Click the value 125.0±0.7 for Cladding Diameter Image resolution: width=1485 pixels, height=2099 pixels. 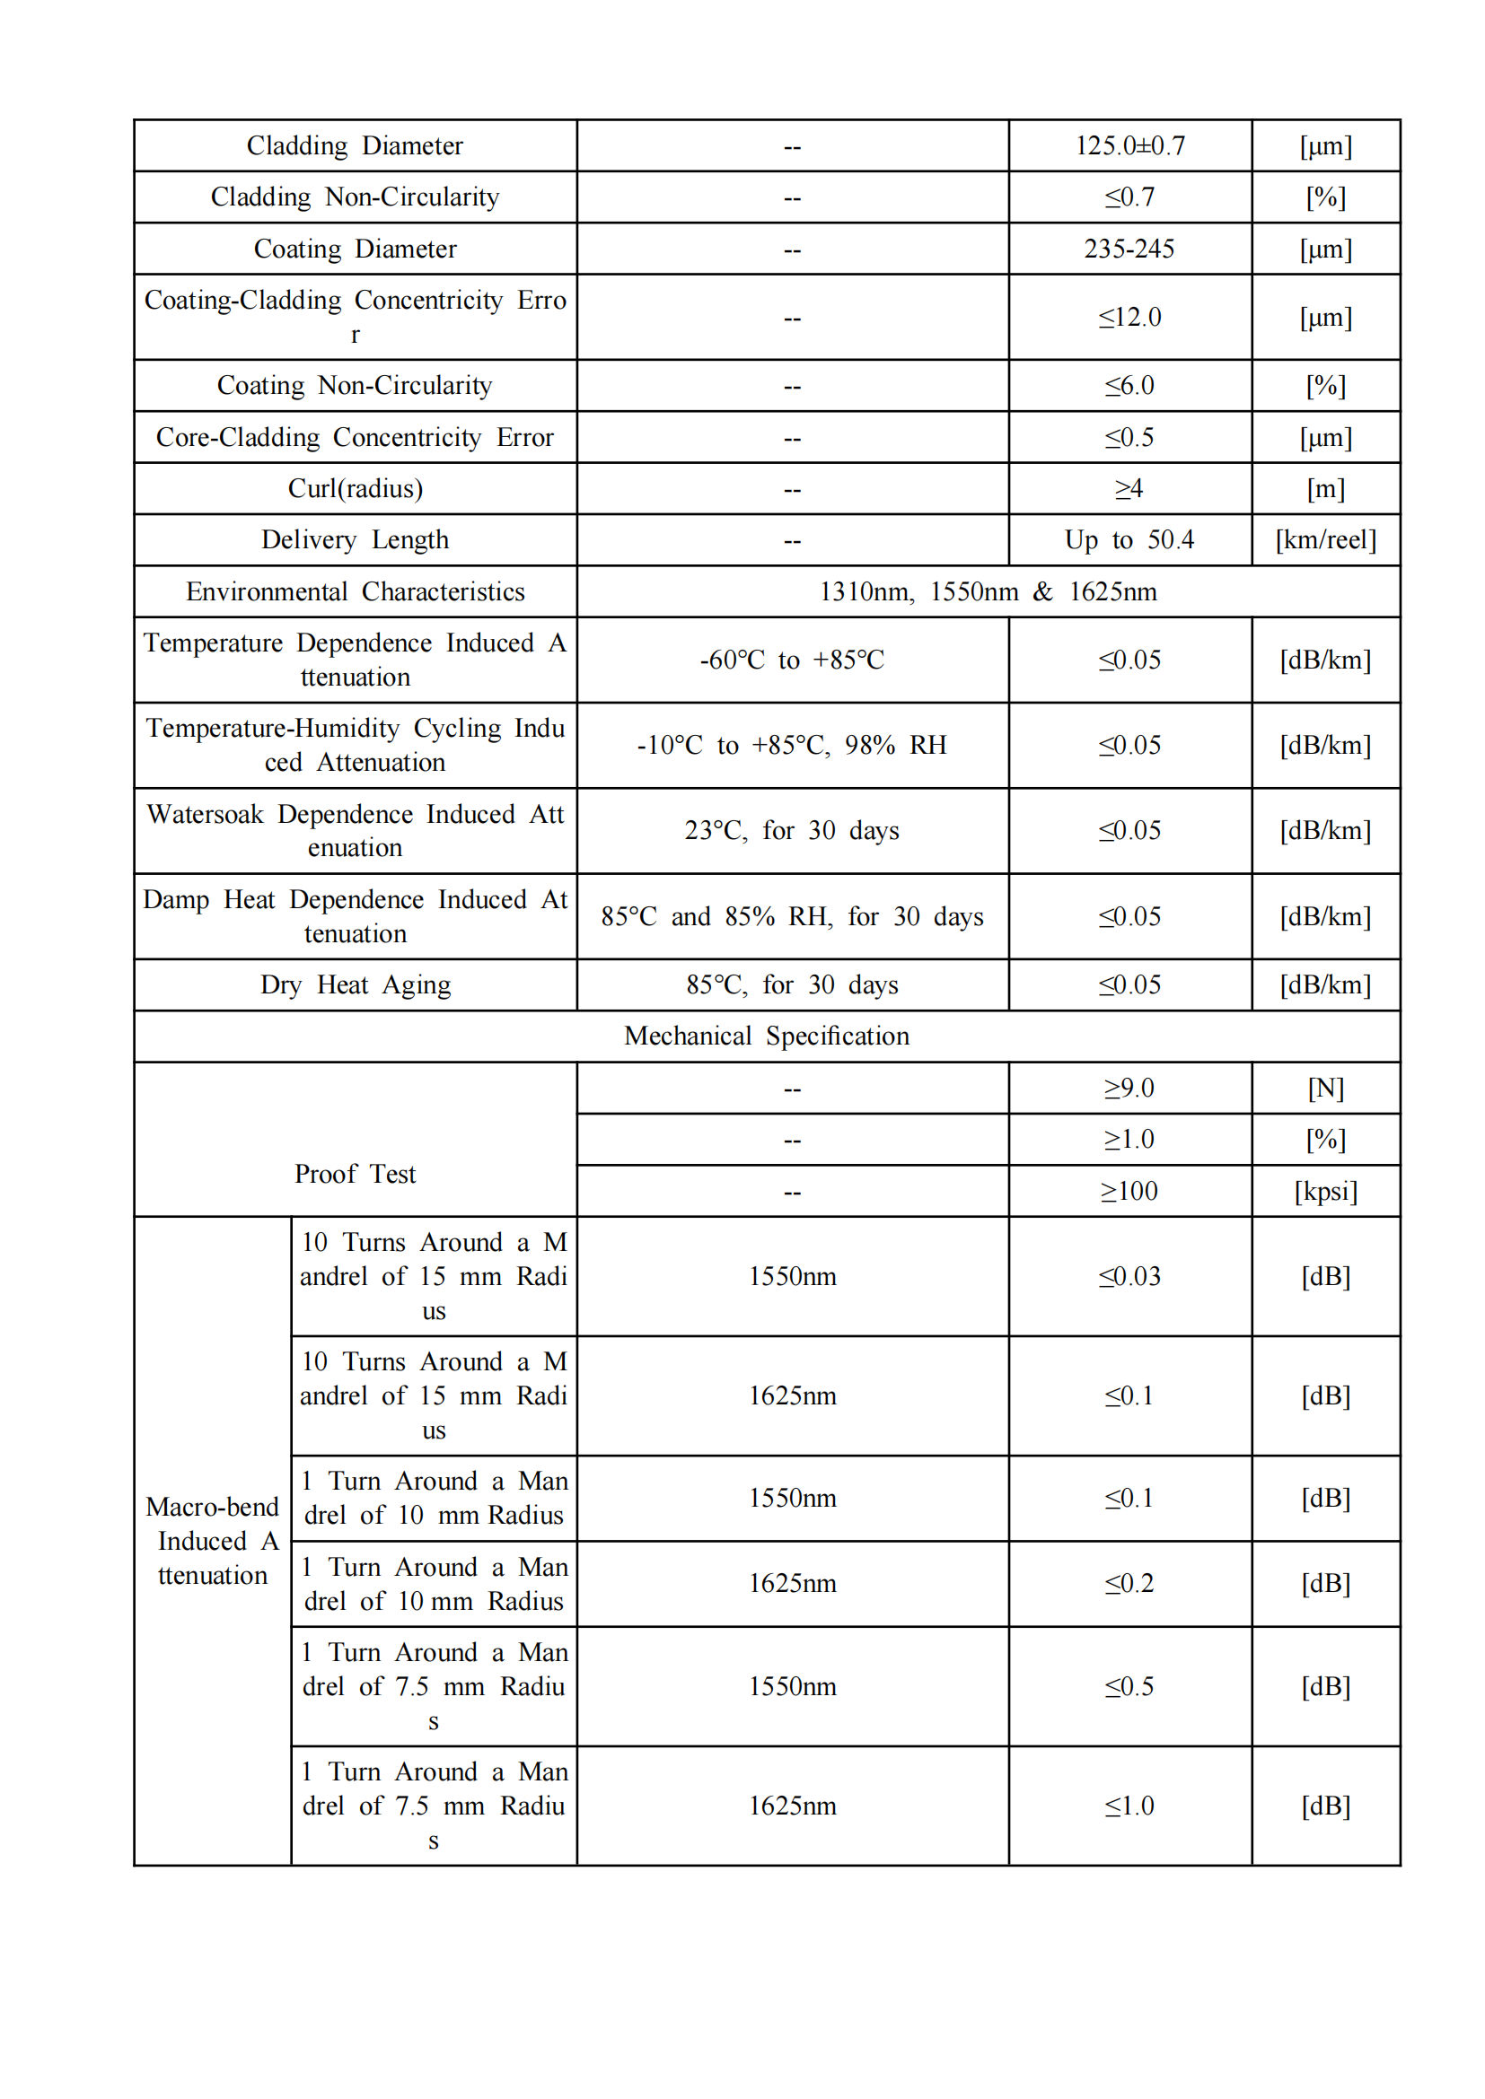coord(1129,145)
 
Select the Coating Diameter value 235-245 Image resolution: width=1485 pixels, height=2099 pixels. coord(1129,249)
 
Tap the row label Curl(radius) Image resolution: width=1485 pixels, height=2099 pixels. coord(355,488)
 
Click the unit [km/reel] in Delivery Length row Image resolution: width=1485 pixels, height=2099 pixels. coord(1325,539)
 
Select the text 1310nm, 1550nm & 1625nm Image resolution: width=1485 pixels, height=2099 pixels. coord(988,591)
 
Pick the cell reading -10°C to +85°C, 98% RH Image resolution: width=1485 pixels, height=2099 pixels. coord(792,745)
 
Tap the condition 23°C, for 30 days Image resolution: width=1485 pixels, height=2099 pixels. coord(792,830)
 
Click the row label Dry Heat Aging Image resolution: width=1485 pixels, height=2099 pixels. coord(355,984)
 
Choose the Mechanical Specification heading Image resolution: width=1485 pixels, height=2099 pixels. coord(766,1036)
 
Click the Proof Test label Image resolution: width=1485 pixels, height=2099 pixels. coord(355,1174)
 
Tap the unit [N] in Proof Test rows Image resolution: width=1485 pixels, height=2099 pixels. coord(1325,1088)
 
